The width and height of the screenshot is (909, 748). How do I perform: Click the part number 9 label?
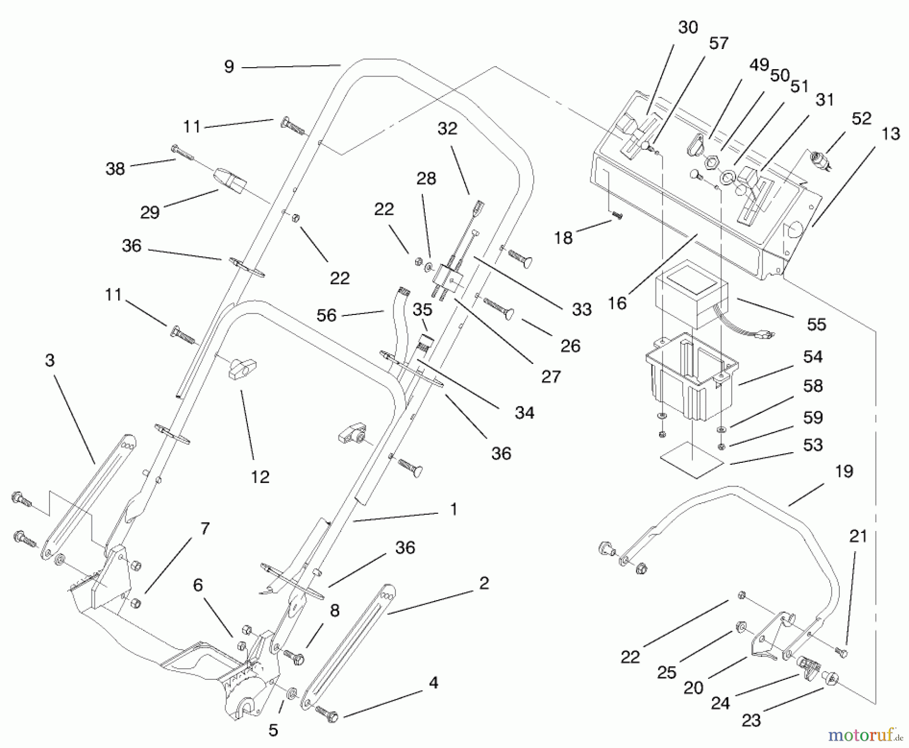click(229, 67)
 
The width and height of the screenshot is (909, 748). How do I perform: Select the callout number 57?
click(719, 43)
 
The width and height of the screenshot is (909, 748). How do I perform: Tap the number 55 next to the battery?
click(816, 324)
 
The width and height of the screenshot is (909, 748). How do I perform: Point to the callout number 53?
click(813, 445)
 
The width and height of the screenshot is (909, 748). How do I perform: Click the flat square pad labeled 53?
click(692, 459)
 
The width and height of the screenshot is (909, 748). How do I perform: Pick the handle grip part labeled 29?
click(230, 181)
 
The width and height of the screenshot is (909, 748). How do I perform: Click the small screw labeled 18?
click(617, 215)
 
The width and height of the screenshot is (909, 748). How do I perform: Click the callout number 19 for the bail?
click(844, 471)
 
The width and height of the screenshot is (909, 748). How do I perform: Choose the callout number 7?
click(205, 528)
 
